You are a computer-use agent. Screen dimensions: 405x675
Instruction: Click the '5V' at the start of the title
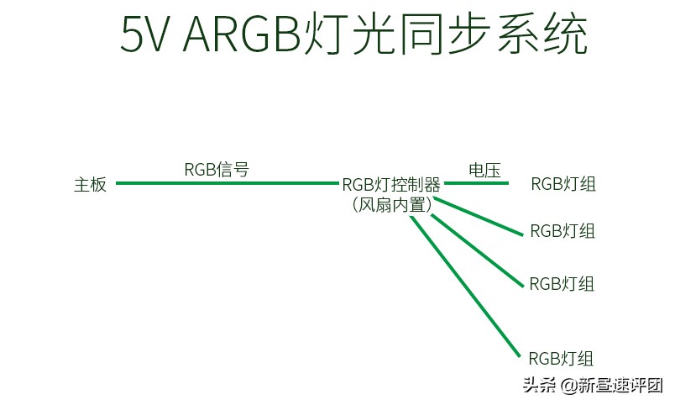tap(145, 35)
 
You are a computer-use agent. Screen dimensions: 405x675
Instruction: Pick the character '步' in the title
tap(484, 35)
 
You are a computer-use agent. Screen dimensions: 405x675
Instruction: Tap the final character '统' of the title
tap(562, 35)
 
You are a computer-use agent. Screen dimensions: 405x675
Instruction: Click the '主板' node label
tap(91, 185)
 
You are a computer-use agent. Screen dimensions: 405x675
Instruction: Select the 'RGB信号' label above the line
tap(217, 169)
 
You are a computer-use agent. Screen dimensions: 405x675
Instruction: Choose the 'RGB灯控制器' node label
tap(390, 185)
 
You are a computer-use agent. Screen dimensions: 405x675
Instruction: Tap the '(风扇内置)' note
tap(392, 205)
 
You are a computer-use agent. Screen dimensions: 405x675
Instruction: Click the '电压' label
tap(484, 170)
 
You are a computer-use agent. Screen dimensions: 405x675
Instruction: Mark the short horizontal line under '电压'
tap(476, 183)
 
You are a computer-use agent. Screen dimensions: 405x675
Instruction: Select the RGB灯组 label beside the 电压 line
tap(562, 184)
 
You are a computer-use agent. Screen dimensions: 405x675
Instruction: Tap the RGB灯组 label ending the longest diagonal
tap(561, 358)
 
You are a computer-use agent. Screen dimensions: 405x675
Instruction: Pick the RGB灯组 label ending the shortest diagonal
tap(562, 231)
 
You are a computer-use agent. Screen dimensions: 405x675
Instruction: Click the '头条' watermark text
tap(540, 386)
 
